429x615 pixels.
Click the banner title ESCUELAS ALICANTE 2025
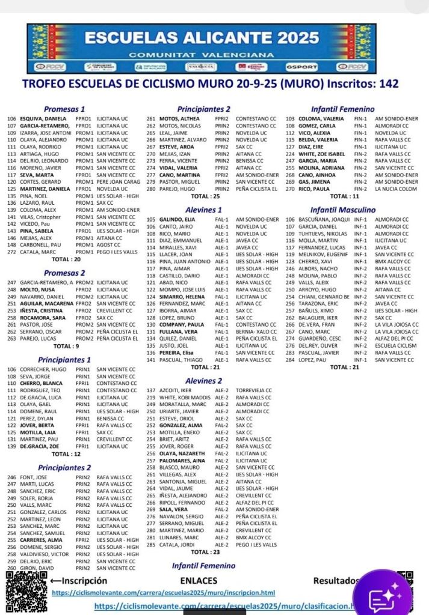click(202, 38)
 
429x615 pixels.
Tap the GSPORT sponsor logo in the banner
click(298, 66)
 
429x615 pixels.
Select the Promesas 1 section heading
click(64, 109)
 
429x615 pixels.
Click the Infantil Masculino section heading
click(342, 210)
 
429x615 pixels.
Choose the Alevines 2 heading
click(203, 381)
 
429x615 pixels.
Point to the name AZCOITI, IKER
click(176, 390)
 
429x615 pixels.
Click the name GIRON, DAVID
click(35, 568)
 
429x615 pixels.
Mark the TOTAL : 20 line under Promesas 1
click(66, 259)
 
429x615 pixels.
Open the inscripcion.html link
click(171, 593)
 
